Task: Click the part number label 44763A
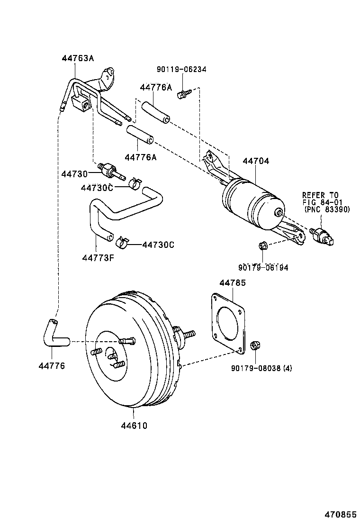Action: pos(78,58)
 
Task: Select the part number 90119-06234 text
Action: pos(181,69)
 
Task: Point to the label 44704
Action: pos(256,161)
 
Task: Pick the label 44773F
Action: pos(98,258)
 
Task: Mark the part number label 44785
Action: pos(232,283)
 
